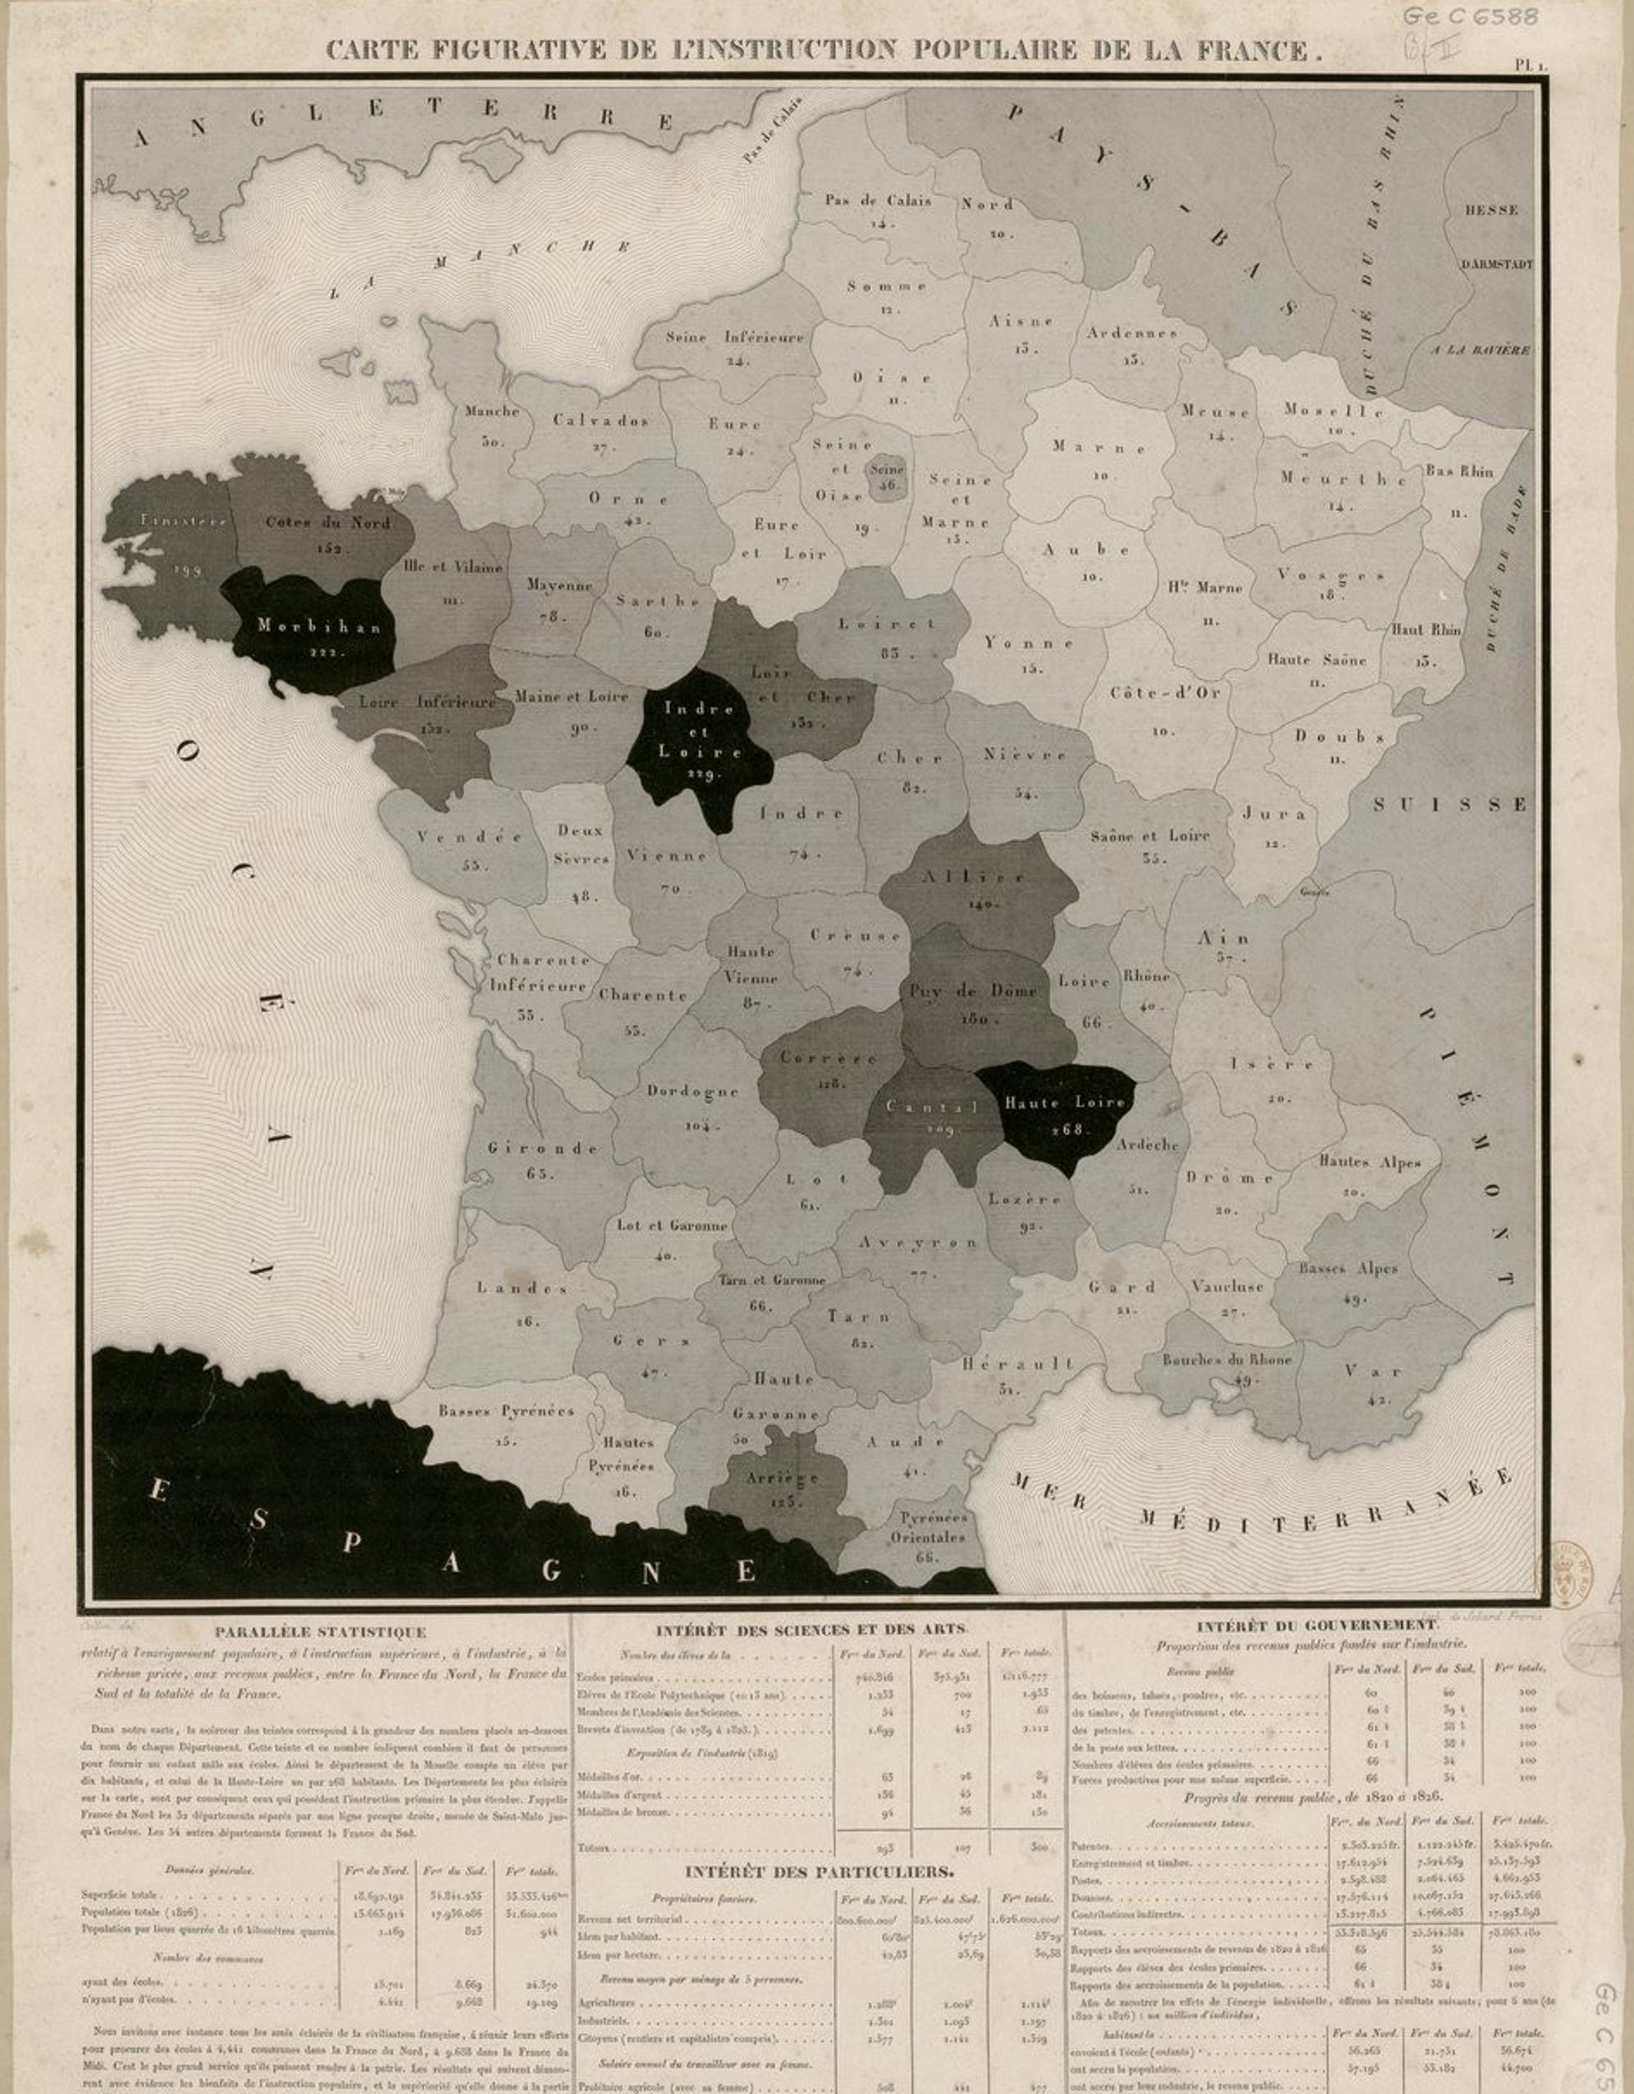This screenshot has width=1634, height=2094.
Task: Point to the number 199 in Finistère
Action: (188, 569)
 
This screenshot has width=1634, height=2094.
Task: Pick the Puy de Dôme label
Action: (974, 991)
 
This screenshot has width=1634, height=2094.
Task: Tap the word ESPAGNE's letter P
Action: (352, 1543)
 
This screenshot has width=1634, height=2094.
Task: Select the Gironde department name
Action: (543, 1147)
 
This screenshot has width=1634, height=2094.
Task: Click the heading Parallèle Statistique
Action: (320, 1632)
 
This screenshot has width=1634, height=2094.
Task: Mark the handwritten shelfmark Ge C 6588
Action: (1469, 17)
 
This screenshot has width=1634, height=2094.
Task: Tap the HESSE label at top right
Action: (1490, 210)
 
